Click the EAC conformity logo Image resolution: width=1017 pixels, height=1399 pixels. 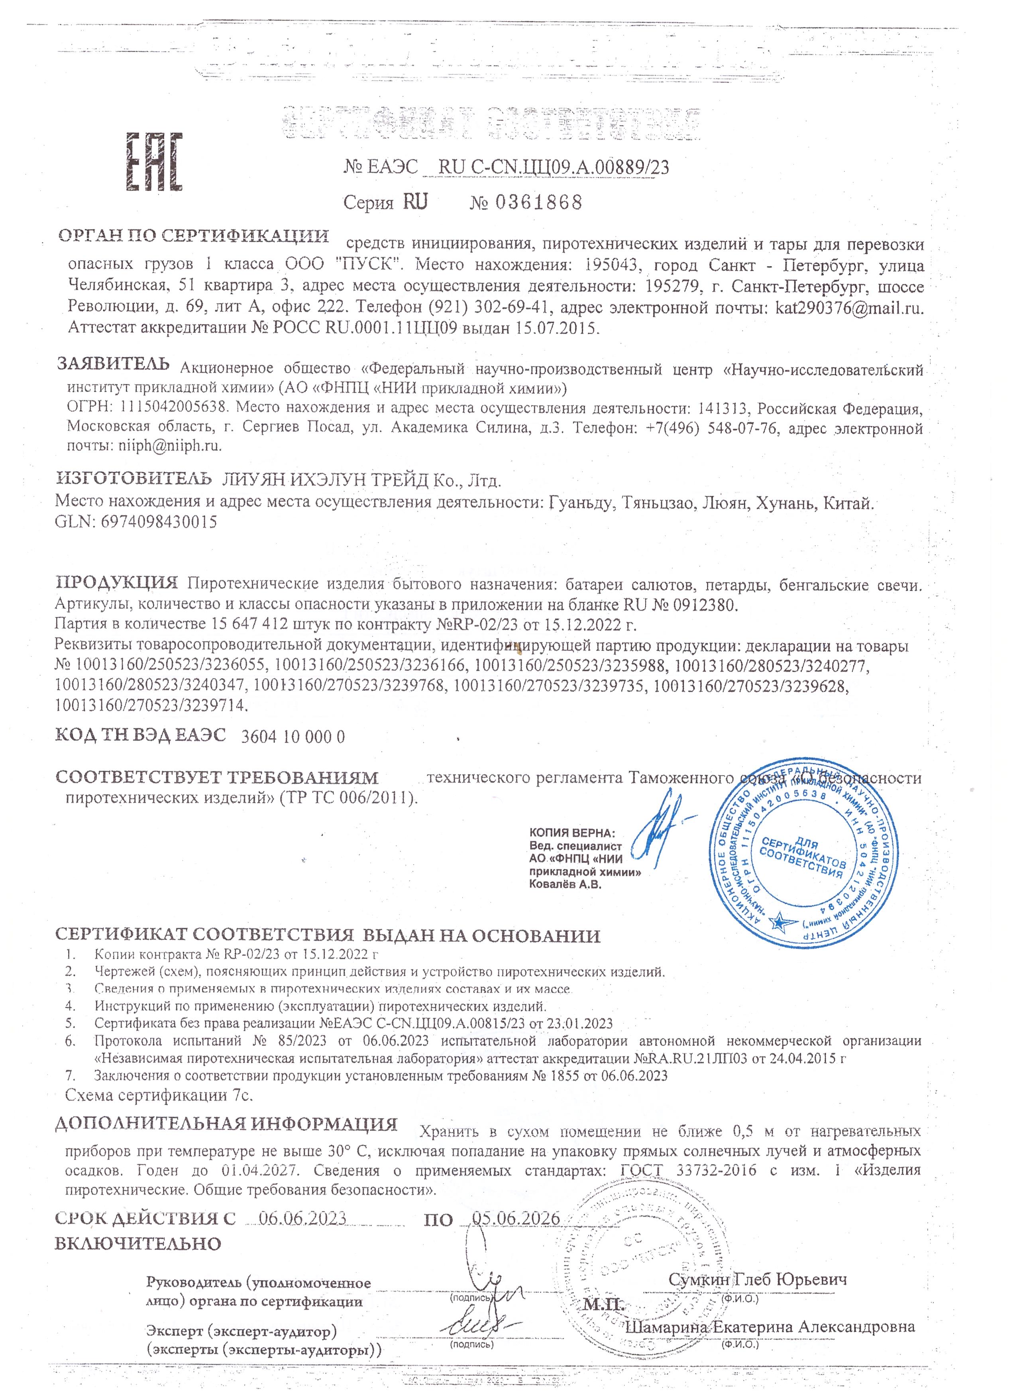point(155,161)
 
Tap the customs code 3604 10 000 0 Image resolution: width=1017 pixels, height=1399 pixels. point(293,737)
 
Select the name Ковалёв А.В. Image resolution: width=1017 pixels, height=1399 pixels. point(565,884)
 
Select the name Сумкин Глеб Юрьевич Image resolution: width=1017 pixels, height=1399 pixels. point(757,1279)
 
